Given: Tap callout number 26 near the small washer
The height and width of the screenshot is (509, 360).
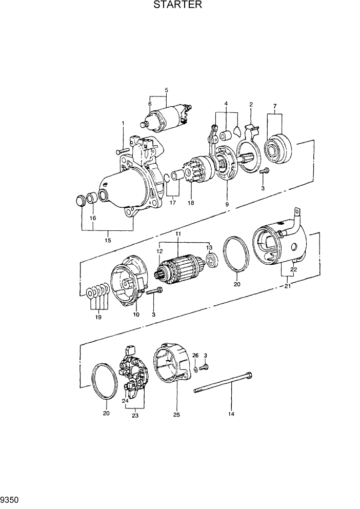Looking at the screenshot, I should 195,355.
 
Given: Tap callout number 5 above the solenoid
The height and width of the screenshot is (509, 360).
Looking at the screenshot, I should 166,90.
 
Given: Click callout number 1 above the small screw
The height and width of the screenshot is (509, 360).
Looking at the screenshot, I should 123,123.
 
